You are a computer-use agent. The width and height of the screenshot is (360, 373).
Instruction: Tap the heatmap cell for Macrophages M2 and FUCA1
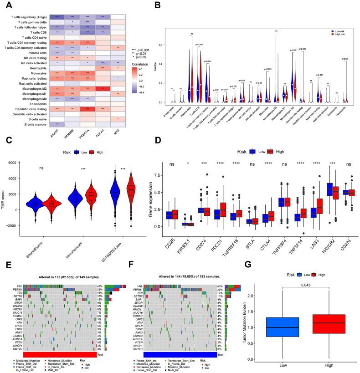point(105,89)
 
